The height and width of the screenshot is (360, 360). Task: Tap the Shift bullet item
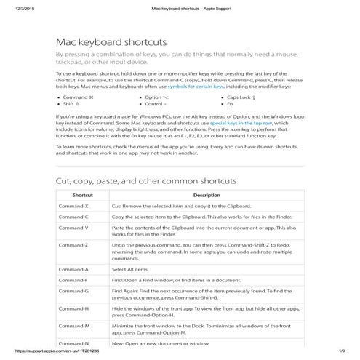72,104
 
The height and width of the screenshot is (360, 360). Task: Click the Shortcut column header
82,196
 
